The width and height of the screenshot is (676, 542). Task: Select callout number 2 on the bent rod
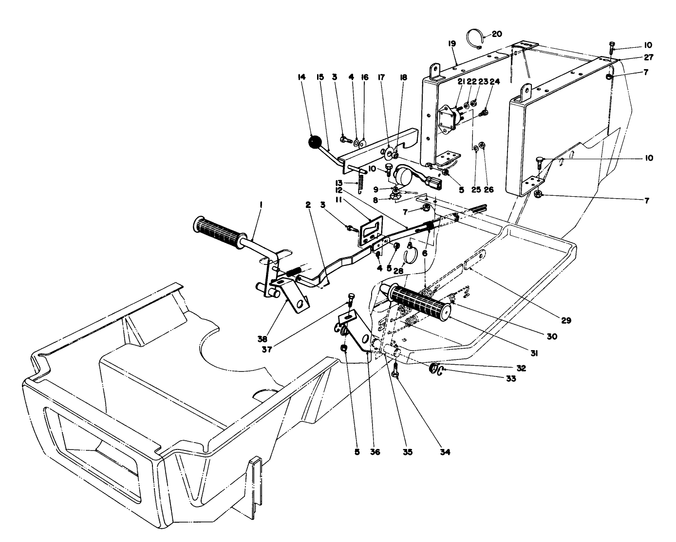[308, 206]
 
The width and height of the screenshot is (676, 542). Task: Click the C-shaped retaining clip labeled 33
[440, 372]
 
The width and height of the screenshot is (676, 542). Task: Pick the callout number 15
[320, 77]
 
